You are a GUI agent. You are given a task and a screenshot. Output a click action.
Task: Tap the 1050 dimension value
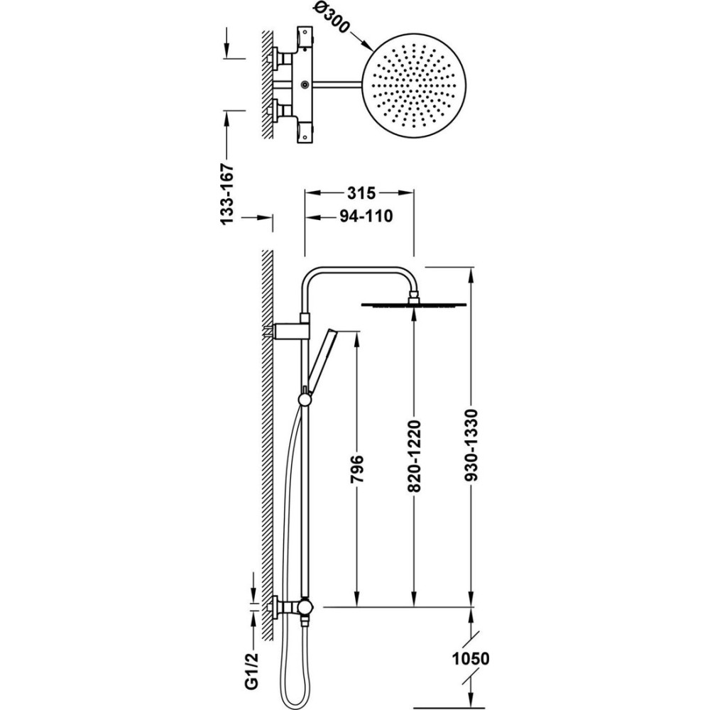(x=470, y=659)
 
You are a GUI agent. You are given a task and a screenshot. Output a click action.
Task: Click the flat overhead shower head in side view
(x=415, y=304)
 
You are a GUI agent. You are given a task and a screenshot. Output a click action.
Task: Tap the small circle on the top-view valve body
(x=306, y=85)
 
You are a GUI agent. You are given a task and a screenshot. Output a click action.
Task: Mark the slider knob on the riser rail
(x=305, y=399)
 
